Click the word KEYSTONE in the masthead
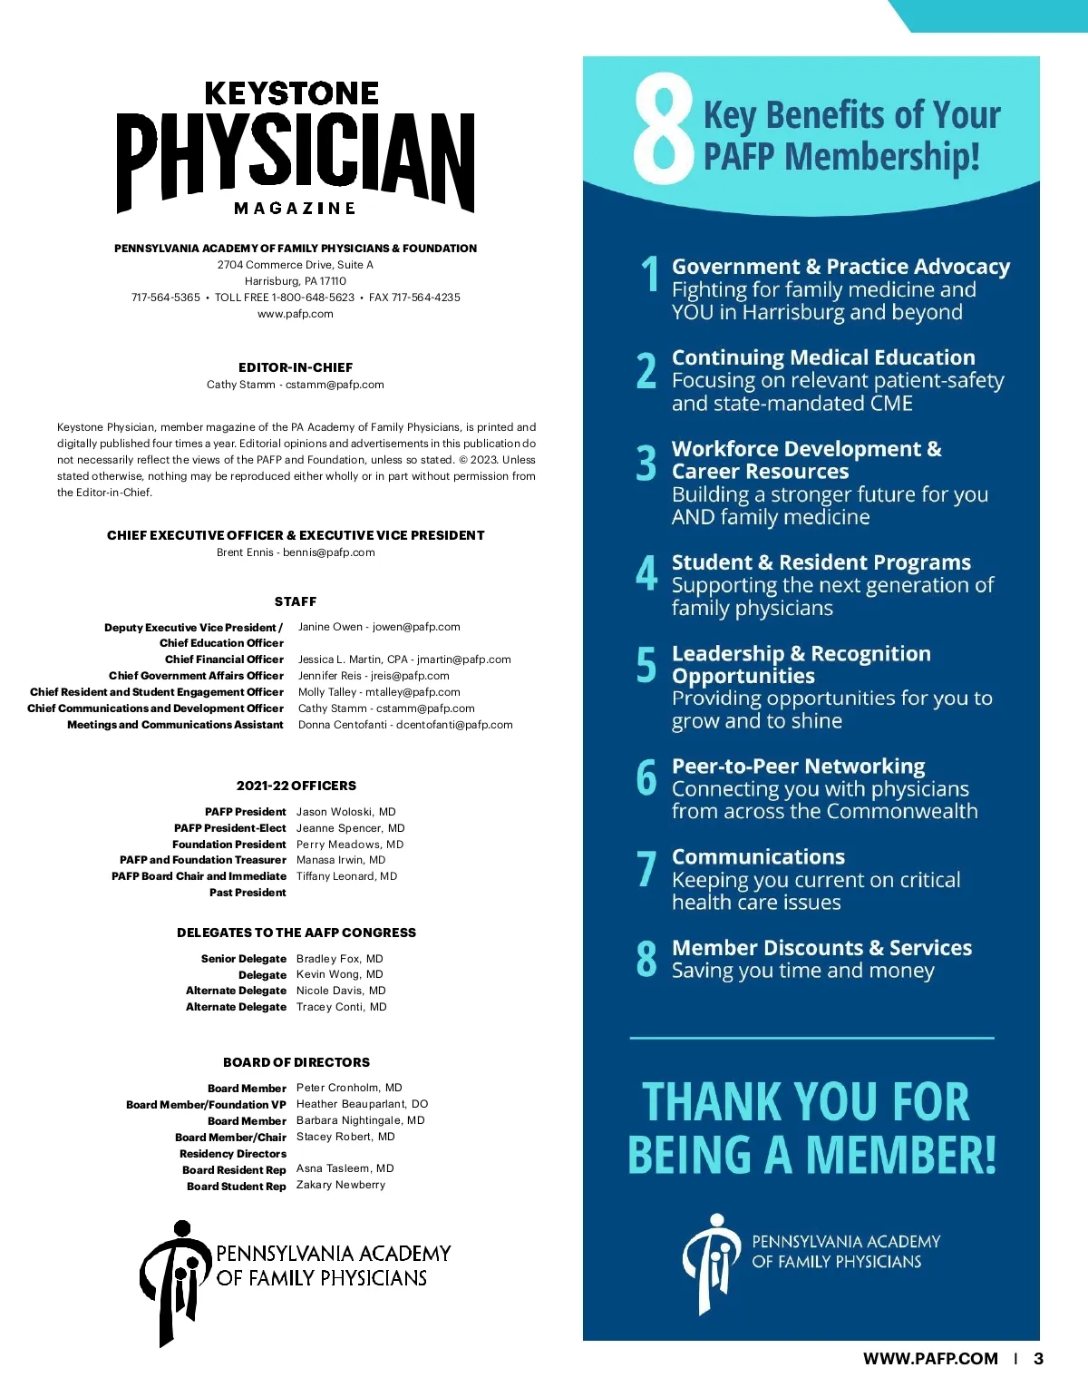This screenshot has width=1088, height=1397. pos(291,93)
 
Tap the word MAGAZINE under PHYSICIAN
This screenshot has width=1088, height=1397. pos(295,209)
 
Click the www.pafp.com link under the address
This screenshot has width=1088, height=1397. pos(296,314)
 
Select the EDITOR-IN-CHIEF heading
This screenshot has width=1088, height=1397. pos(296,367)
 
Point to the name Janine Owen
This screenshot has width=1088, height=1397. pos(330,627)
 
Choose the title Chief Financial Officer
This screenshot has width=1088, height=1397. pos(224,659)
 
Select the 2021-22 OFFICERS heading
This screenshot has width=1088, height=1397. pos(296,786)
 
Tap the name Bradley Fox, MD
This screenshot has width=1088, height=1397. pos(339,959)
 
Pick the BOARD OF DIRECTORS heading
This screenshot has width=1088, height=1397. pos(296,1062)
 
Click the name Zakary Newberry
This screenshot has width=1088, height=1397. pos(340,1185)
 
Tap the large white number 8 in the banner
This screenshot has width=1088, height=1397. pos(663,130)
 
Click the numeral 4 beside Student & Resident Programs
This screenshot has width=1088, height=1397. pos(646,573)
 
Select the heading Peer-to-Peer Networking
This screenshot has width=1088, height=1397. pos(798,767)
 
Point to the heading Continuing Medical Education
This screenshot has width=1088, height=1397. pos(823,357)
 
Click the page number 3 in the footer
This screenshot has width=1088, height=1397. pos(1038,1359)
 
